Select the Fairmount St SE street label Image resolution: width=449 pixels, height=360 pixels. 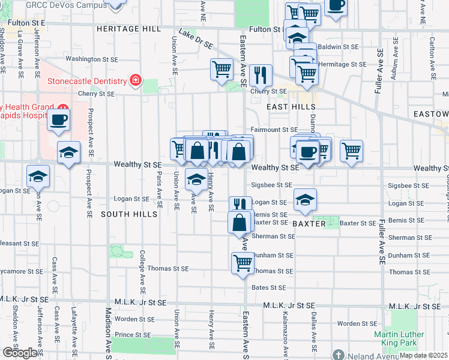click(274, 129)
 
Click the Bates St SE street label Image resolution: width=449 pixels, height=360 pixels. click(268, 288)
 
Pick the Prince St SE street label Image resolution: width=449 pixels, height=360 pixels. click(135, 334)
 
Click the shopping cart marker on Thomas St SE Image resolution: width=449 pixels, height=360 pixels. click(243, 262)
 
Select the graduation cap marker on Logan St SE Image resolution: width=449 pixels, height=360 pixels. click(305, 200)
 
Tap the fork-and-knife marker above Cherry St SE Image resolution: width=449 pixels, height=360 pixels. click(261, 75)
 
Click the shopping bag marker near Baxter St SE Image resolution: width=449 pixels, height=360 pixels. click(240, 222)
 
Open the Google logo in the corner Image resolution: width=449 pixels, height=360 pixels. click(20, 352)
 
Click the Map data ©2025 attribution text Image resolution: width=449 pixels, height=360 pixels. click(424, 355)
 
